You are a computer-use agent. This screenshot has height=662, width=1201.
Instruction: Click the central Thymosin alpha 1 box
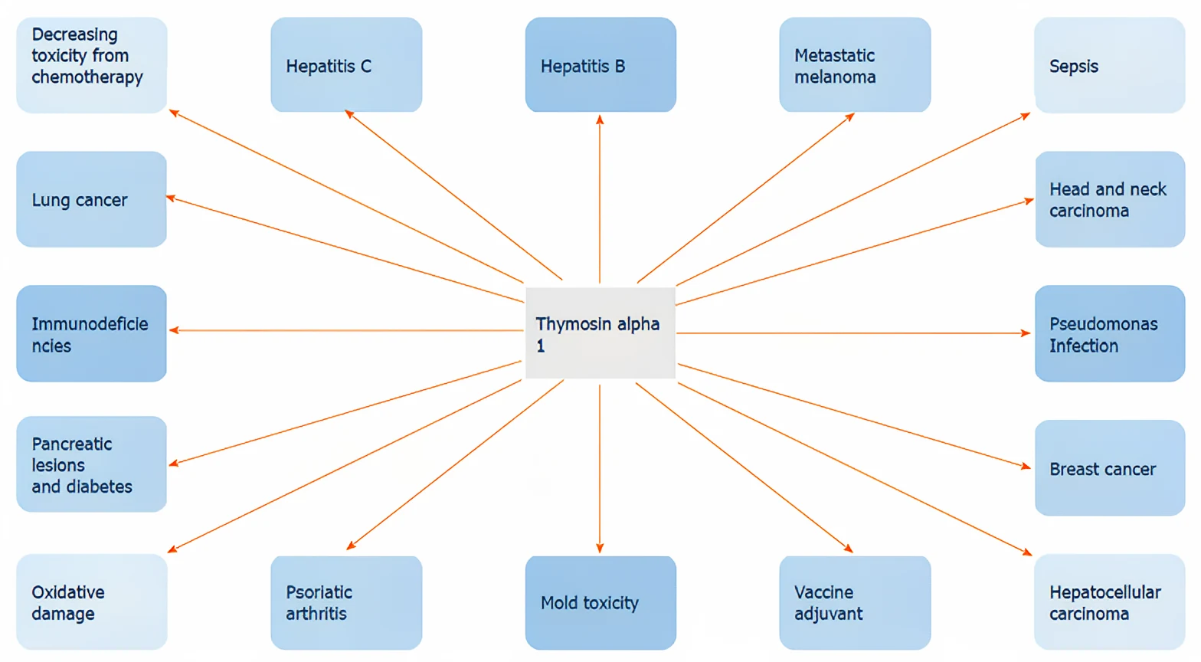tap(600, 333)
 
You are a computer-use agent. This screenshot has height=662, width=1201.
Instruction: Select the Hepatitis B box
tap(600, 65)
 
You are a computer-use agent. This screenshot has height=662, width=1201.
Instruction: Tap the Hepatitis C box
tap(346, 65)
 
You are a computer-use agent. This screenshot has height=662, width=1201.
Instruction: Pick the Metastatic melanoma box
tap(855, 65)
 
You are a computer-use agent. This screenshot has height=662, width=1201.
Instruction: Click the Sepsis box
tap(1109, 65)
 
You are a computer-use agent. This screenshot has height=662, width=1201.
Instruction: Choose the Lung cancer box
tap(92, 199)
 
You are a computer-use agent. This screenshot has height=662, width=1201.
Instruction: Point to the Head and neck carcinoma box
tap(1110, 199)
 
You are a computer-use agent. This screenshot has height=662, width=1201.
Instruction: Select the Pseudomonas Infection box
tap(1110, 333)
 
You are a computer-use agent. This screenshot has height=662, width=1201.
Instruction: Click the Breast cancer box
tap(1110, 468)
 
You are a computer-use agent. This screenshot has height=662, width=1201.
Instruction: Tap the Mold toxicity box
tap(600, 602)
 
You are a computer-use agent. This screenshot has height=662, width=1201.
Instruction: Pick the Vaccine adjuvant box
tap(855, 602)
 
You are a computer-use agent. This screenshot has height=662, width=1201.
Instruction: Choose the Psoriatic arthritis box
tap(346, 602)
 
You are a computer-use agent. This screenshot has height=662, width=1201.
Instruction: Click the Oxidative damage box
tap(92, 602)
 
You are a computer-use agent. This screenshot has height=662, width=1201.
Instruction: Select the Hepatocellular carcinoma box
tap(1109, 602)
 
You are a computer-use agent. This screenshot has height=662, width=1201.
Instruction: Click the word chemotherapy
tap(87, 77)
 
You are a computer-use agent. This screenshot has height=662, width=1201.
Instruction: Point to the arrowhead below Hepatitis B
tap(600, 120)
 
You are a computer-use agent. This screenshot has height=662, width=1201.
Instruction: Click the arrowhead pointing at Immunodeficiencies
tap(175, 330)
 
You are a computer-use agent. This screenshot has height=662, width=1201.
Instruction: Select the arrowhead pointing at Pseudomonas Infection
tap(1025, 333)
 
